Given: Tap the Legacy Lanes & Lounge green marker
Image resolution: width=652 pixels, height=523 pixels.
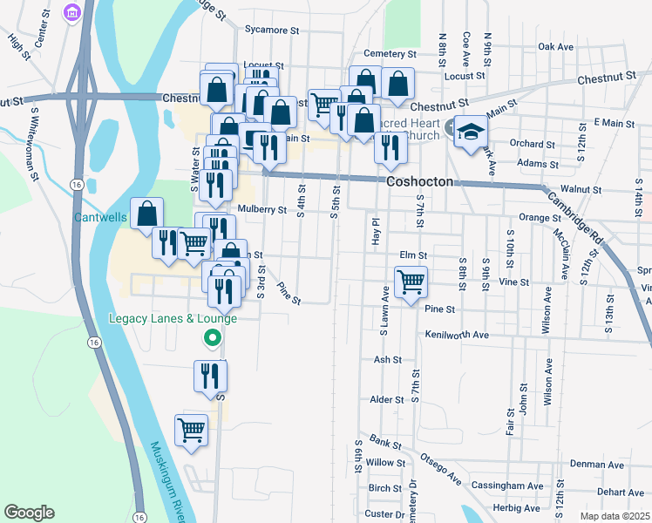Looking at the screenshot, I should coord(211,337).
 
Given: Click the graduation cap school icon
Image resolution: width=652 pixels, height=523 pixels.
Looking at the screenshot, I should coord(470,132).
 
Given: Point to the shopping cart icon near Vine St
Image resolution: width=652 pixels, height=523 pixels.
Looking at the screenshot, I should coord(410,282).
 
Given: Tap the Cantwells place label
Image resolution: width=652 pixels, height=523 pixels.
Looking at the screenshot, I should coord(100,216).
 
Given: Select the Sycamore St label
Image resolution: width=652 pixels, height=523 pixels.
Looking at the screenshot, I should coord(272,30).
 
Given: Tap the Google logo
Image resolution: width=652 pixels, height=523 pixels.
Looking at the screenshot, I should coord(29,512).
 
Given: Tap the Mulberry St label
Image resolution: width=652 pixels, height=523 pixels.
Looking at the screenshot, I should coord(261,210).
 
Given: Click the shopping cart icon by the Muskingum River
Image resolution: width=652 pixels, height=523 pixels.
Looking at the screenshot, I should coord(191,429).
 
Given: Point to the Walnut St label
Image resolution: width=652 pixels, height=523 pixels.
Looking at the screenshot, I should coord(581,189).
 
